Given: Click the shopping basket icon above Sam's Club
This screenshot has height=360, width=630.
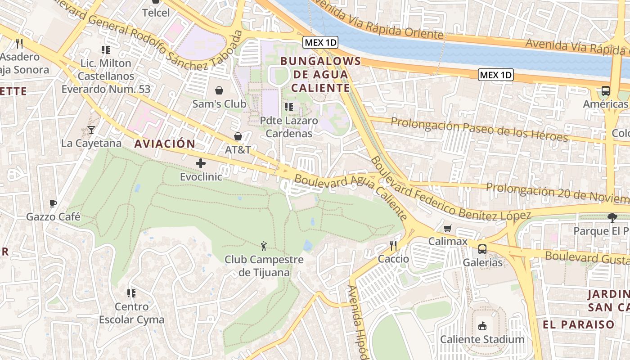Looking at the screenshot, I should (219, 90).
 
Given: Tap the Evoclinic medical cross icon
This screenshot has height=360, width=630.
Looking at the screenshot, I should (201, 163).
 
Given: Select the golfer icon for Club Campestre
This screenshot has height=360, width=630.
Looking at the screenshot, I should (264, 246).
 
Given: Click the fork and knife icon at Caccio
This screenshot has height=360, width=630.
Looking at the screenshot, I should (393, 245).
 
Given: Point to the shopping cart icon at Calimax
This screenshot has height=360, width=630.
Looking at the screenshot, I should (447, 228).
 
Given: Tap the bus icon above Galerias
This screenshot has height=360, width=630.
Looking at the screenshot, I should (482, 249).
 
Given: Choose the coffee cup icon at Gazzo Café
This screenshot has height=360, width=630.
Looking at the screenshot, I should (53, 203).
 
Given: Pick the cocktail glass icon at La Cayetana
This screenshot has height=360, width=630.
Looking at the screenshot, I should (91, 130).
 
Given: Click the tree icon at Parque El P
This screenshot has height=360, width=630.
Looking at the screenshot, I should (612, 218).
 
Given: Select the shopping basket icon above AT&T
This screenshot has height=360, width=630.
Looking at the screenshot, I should (238, 136).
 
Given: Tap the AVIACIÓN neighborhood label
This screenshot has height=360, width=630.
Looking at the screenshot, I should (165, 144).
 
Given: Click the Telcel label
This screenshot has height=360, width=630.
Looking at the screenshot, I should (156, 13).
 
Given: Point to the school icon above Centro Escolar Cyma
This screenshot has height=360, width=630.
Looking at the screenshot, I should (131, 293).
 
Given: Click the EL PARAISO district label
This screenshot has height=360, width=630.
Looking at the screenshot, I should (578, 324).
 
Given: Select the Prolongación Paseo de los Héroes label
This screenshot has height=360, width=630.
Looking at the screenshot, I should (479, 129).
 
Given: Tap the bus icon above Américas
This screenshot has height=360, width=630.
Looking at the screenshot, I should (605, 91).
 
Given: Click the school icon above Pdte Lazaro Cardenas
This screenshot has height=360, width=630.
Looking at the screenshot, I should (289, 107).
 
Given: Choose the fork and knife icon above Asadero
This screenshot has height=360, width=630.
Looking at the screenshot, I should (19, 43).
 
